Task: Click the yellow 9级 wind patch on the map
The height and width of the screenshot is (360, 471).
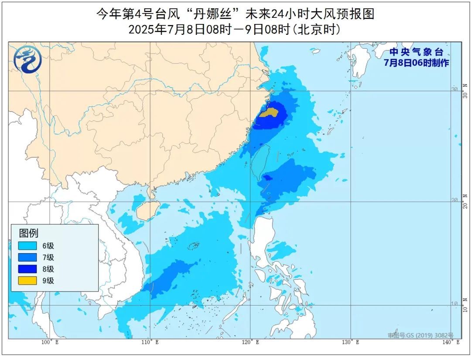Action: [269, 112]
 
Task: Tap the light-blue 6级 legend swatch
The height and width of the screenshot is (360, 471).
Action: [27, 246]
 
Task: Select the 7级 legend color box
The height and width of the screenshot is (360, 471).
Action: [27, 258]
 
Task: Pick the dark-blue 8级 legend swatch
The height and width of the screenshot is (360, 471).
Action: [27, 269]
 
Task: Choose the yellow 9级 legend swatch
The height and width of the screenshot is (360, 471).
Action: [27, 281]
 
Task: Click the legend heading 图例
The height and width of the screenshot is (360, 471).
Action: [28, 233]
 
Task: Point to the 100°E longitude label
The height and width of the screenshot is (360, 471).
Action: [50, 343]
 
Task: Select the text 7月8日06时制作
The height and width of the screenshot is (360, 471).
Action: [416, 63]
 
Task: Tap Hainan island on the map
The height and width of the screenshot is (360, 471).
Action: [144, 212]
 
